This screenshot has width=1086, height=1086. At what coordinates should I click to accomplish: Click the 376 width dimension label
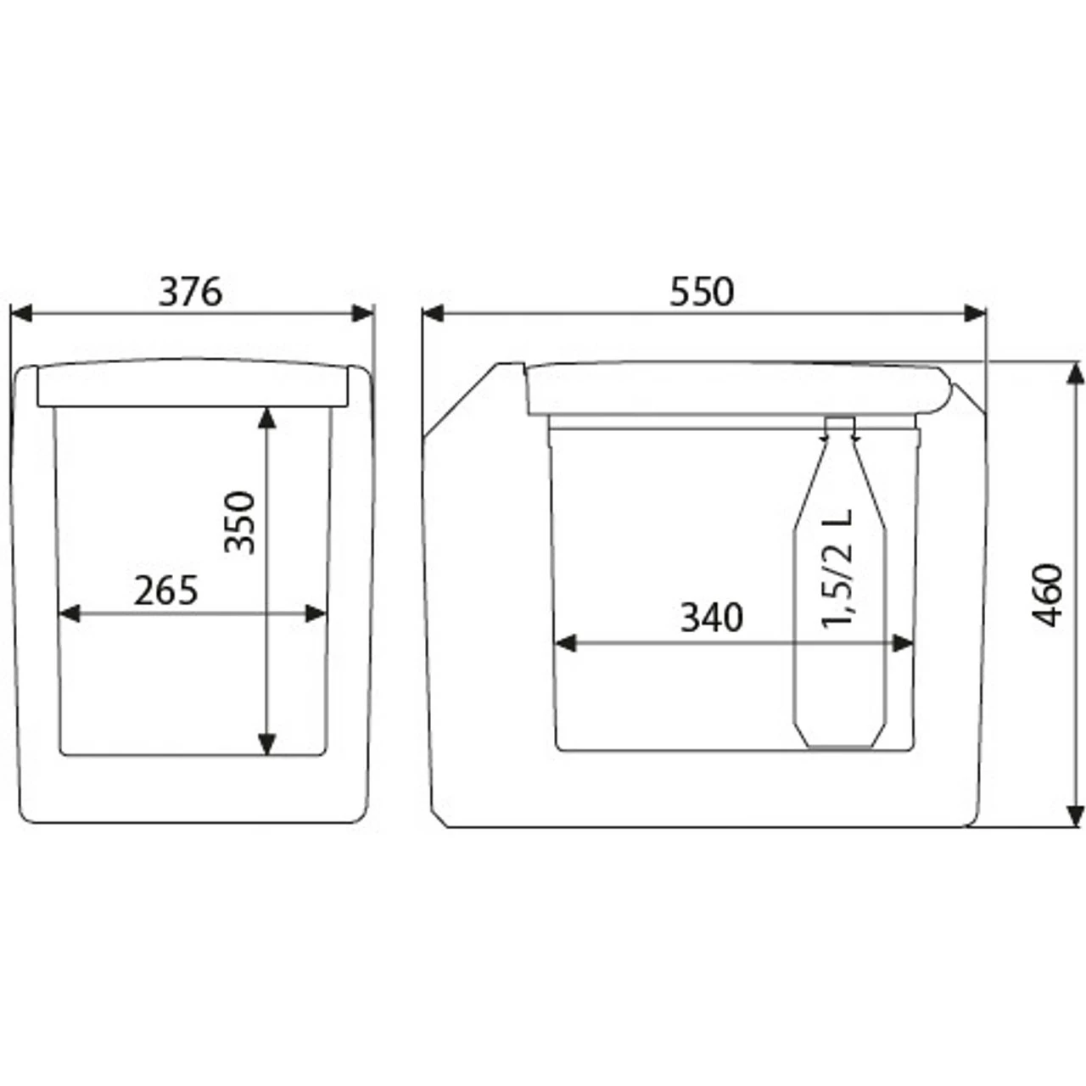(x=191, y=292)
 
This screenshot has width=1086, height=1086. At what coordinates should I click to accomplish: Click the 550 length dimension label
(x=702, y=292)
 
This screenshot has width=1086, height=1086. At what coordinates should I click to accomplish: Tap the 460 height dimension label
(x=1047, y=595)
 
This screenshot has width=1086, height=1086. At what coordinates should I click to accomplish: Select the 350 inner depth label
(x=240, y=523)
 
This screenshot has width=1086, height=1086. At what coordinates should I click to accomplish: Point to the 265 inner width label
(x=165, y=590)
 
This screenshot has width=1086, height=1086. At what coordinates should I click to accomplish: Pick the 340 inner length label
(x=712, y=618)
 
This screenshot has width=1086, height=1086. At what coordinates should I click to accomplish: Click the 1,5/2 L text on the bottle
(x=837, y=568)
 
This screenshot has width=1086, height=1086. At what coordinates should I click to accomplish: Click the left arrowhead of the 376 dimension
(x=21, y=313)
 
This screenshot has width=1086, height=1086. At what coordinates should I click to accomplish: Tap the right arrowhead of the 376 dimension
(x=362, y=313)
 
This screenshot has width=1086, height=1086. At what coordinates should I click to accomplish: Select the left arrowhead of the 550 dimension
(x=433, y=313)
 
